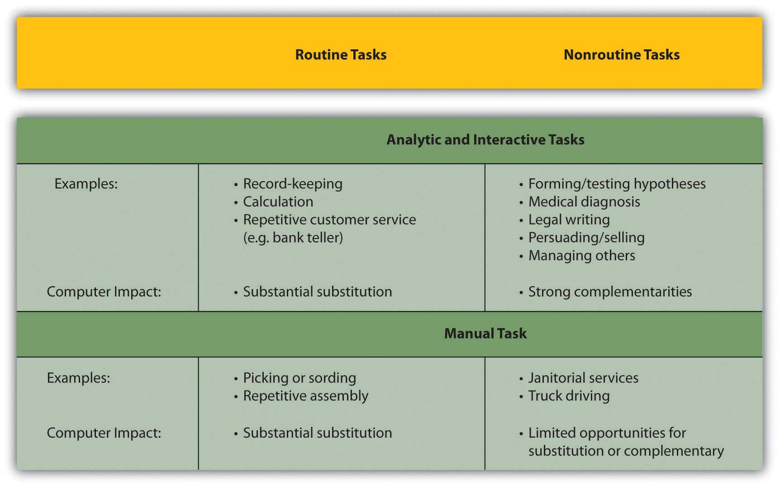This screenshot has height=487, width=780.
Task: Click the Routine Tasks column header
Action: (x=341, y=55)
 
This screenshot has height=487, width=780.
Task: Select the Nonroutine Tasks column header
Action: (x=622, y=55)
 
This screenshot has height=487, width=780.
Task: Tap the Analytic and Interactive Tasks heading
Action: (x=485, y=139)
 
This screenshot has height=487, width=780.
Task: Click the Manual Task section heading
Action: (x=485, y=334)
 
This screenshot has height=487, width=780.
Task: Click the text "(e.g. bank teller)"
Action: (x=293, y=238)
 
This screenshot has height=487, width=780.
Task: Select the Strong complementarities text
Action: (x=610, y=292)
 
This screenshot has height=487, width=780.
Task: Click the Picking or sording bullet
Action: (x=300, y=378)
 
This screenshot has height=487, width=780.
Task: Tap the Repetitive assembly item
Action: (x=306, y=396)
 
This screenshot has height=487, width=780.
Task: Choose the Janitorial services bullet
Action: (x=583, y=378)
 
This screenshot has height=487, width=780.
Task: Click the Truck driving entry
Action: (x=569, y=396)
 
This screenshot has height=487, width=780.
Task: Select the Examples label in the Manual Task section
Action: (x=79, y=378)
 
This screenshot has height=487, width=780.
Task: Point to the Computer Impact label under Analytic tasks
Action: (x=104, y=292)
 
